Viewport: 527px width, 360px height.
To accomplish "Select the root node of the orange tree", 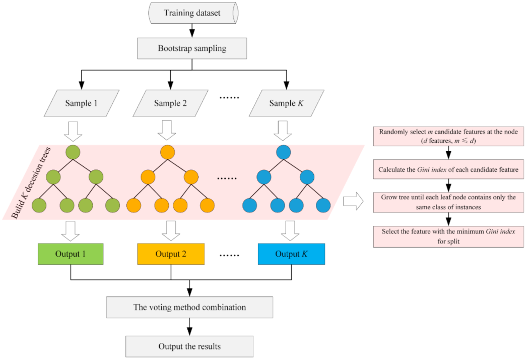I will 167,152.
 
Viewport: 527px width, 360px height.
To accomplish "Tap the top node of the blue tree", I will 284,152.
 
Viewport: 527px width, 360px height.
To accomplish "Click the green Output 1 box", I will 71,254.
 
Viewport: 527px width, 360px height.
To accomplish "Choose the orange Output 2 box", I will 171,254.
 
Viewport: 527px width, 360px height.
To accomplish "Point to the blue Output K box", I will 291,254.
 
